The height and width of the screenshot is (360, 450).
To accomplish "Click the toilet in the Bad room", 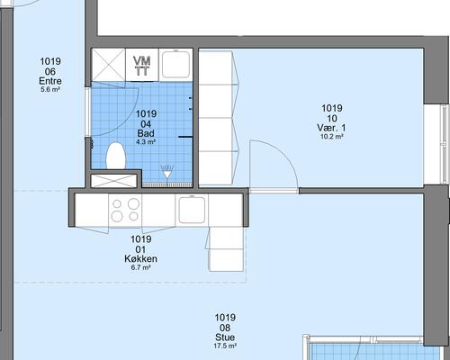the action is (116, 156).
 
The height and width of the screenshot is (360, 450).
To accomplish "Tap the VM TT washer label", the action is (142, 66).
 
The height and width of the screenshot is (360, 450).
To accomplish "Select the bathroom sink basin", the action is (176, 65).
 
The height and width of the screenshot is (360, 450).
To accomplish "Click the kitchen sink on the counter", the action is (192, 210).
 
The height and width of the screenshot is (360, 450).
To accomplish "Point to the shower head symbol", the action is (167, 173).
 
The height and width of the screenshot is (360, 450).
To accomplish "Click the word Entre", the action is (50, 81).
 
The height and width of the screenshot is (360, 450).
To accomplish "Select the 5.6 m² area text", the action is (50, 89).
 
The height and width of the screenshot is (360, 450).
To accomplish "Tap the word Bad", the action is (146, 133).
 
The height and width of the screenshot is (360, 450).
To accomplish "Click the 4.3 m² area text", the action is (146, 141).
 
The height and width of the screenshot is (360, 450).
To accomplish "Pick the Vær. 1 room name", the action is (331, 128).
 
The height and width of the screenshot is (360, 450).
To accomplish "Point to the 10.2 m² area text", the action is (332, 137).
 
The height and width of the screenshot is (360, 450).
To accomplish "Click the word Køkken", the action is (140, 258).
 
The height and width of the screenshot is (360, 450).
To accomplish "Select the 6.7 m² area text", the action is (140, 267).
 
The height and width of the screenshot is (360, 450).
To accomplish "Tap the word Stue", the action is (225, 337).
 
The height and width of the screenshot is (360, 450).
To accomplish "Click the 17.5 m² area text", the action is (225, 346).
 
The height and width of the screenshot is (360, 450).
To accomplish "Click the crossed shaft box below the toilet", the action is (113, 181).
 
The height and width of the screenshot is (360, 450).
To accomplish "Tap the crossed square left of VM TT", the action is (108, 65).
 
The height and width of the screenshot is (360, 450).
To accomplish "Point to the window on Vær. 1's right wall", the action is (444, 143).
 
